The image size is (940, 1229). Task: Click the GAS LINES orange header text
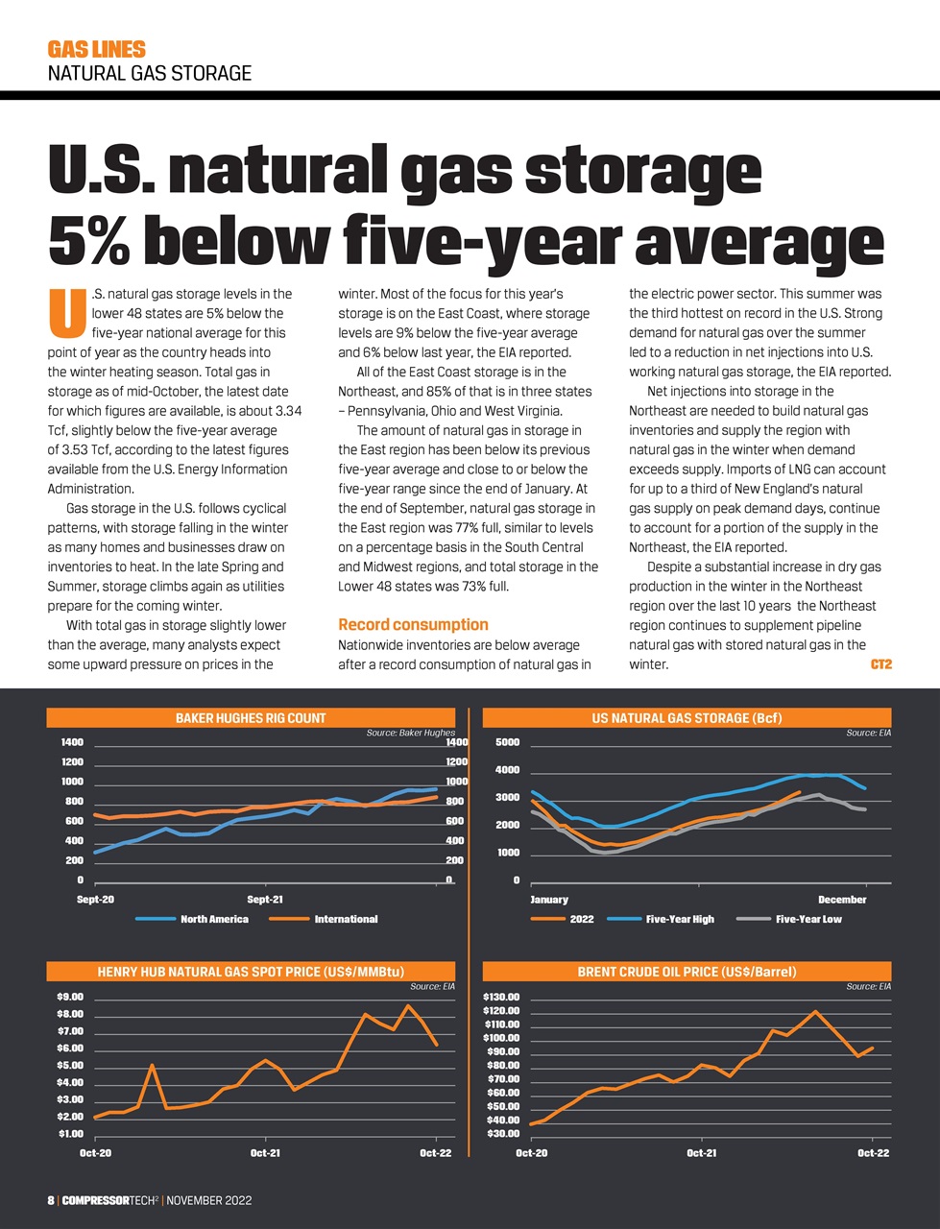(x=96, y=49)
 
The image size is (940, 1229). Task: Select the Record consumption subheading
(x=413, y=624)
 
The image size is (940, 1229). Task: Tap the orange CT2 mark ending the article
(x=880, y=663)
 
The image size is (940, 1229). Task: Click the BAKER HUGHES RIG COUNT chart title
(x=251, y=717)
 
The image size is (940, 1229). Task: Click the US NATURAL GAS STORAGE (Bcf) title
(x=687, y=717)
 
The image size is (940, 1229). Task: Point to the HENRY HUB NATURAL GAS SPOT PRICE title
(x=251, y=972)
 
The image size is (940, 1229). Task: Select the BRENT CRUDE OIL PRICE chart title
(x=687, y=972)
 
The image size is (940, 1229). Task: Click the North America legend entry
(x=214, y=919)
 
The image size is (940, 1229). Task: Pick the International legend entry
(x=346, y=919)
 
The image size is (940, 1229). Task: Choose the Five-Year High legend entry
(x=680, y=919)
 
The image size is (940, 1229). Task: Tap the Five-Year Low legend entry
(x=808, y=919)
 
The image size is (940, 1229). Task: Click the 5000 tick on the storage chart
(x=507, y=742)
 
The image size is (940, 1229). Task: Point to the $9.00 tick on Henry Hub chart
(x=70, y=997)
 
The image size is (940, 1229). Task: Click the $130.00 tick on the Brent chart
(x=500, y=997)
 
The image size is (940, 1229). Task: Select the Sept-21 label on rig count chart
(x=265, y=900)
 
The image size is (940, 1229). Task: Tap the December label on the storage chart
(x=842, y=900)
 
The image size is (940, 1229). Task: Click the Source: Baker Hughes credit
(x=410, y=733)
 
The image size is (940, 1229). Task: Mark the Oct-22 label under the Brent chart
(x=873, y=1153)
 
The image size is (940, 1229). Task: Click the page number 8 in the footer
(x=51, y=1200)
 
